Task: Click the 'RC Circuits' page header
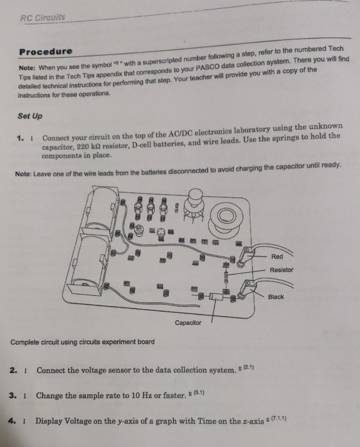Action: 43,18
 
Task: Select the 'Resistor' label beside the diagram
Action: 281,270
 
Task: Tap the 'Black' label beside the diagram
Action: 276,297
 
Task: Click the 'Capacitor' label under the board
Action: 189,322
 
